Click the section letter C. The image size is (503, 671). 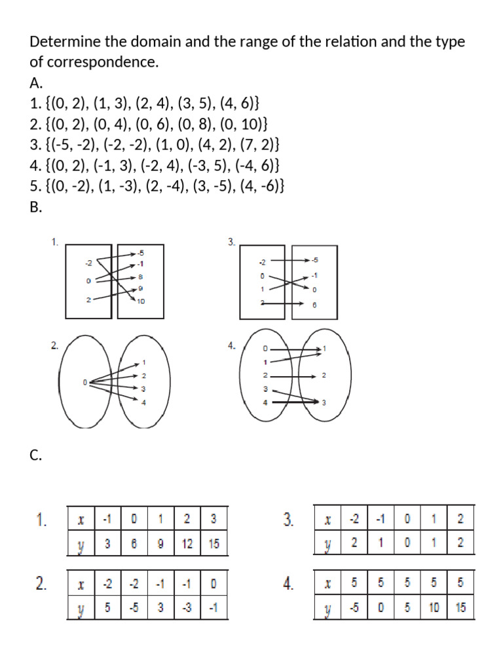coord(35,457)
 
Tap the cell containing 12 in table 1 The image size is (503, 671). coord(187,544)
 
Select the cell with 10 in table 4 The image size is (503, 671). coord(434,607)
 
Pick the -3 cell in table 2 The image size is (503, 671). coord(187,607)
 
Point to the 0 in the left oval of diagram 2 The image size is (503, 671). coord(84,382)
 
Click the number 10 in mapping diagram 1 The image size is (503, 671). coord(141,301)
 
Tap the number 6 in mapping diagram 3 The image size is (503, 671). coord(314,304)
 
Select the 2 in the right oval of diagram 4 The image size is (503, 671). coord(324,376)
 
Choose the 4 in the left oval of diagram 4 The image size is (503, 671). coord(265,402)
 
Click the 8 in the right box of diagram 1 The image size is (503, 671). coord(140,277)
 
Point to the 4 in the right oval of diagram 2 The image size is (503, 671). coord(143,402)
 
